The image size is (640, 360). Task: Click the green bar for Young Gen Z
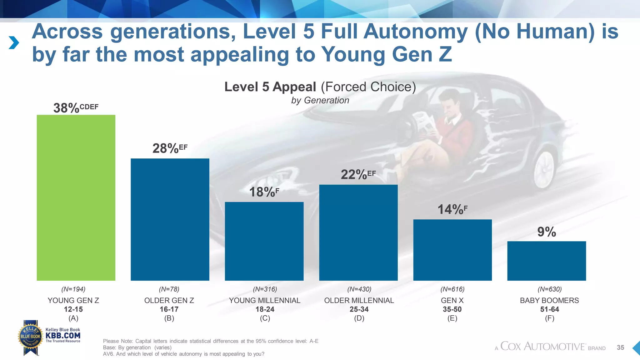(76, 197)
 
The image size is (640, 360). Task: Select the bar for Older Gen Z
(170, 219)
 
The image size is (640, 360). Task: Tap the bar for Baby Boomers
(547, 261)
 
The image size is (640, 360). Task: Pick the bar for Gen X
(452, 250)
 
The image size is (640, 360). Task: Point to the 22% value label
(354, 175)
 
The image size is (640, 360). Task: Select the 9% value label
(547, 232)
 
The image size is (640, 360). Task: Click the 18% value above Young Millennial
(262, 192)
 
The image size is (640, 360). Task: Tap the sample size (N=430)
(359, 289)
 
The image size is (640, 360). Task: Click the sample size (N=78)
(169, 289)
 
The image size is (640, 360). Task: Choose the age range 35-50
(452, 309)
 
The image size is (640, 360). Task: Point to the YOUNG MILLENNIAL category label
(264, 300)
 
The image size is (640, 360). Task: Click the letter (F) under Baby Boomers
(549, 318)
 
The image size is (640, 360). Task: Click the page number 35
(620, 347)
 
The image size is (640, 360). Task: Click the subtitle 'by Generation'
(320, 100)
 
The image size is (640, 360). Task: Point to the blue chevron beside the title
(14, 43)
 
